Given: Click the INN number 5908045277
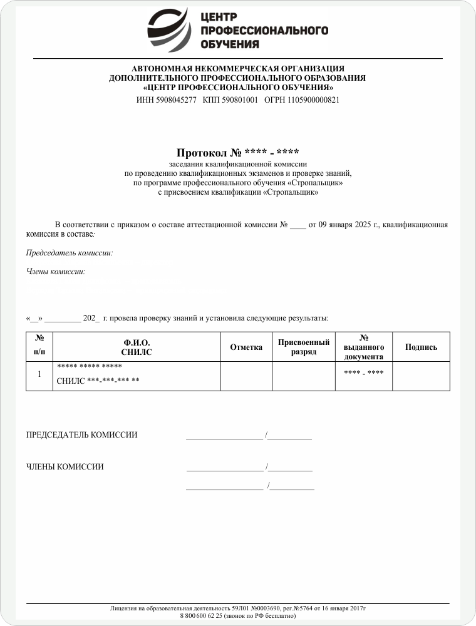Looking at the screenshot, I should [x=175, y=100].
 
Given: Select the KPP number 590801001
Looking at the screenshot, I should [x=240, y=100].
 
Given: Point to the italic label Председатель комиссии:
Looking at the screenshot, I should [x=69, y=254].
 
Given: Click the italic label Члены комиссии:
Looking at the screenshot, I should [x=55, y=272].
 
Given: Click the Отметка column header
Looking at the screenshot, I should [x=246, y=347].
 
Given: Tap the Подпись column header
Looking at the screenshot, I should [x=421, y=347].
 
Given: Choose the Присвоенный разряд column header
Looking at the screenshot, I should [x=304, y=347].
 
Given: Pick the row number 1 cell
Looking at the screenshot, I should [x=39, y=374].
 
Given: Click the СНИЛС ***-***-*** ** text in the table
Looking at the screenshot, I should [x=98, y=381].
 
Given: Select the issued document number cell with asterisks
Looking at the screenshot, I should [x=363, y=373].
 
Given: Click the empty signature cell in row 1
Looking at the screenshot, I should [x=421, y=376].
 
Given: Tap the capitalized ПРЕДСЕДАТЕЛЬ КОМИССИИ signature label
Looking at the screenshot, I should [x=81, y=435].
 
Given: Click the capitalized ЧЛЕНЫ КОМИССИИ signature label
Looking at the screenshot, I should [x=65, y=466].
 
